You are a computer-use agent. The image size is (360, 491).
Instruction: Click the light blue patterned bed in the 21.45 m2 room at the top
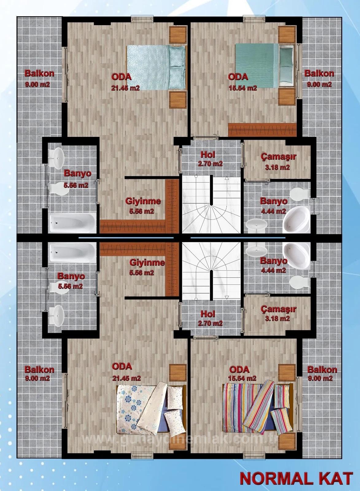coord(156,67)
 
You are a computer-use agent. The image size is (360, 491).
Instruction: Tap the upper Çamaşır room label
coord(278,157)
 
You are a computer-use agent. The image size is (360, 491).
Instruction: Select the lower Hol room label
coord(208,314)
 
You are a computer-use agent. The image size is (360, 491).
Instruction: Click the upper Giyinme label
coord(143,201)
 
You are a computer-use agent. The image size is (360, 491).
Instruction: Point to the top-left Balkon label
coord(39,73)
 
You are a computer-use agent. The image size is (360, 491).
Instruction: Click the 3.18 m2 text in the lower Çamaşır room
coord(277,318)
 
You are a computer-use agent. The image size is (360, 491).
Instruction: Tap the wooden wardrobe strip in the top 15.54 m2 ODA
coord(262,130)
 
